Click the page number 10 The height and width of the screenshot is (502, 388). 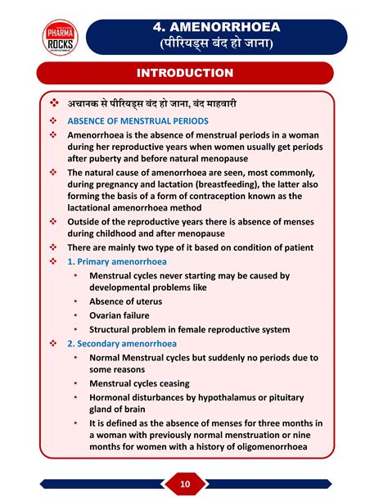186,484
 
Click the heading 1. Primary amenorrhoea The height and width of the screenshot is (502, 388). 117,262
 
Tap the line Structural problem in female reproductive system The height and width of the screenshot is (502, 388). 190,329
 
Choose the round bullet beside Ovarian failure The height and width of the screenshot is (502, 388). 75,315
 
